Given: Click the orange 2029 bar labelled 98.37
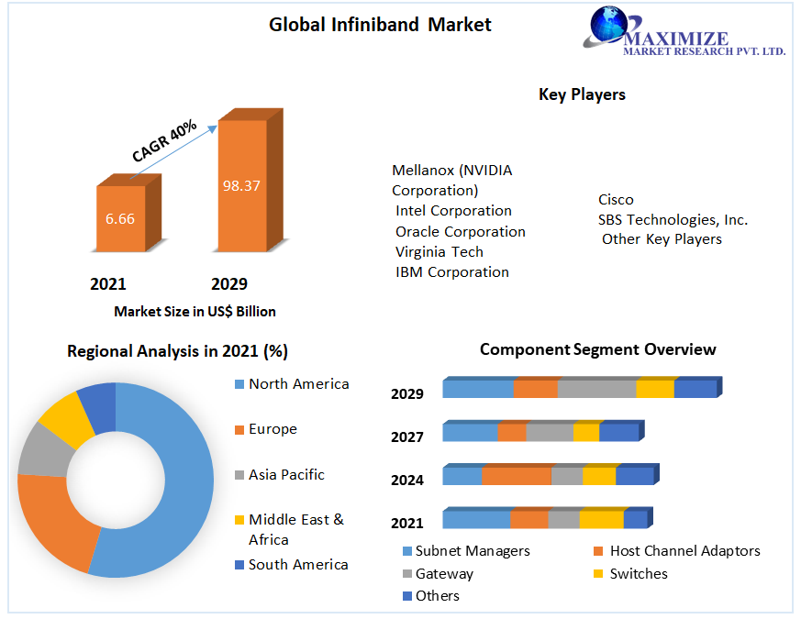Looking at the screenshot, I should [x=241, y=186].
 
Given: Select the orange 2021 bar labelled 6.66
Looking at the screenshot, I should [x=120, y=219].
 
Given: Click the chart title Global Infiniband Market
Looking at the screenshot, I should [x=380, y=25].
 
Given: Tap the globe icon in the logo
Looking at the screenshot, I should [x=607, y=27].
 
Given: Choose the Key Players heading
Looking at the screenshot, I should [x=582, y=94].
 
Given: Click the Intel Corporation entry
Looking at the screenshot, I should [x=453, y=211].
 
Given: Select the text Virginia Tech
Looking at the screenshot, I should [x=439, y=251].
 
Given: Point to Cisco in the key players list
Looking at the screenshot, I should [x=616, y=199].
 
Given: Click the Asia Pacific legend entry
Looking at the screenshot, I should [x=285, y=475].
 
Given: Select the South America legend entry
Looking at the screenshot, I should [x=297, y=565].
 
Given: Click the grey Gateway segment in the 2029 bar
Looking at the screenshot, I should [x=596, y=389].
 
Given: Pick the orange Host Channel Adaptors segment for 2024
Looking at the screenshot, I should [x=517, y=476].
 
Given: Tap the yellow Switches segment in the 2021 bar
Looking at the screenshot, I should [x=601, y=520].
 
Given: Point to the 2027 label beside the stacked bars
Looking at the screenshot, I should [x=407, y=437].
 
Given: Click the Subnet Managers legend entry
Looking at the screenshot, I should [x=472, y=551].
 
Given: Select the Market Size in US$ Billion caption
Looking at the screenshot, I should [x=195, y=312].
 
